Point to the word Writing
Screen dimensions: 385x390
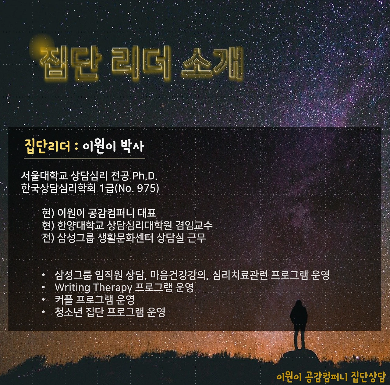point(72,287)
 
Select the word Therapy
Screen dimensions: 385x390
point(112,287)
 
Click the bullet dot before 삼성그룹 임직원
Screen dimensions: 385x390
point(44,276)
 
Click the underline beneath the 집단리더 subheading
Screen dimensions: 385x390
point(84,159)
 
